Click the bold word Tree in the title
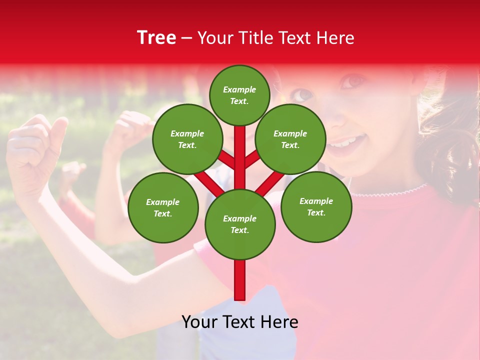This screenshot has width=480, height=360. [156, 38]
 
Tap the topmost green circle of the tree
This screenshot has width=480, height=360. [239, 95]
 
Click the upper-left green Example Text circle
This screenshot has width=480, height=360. [187, 139]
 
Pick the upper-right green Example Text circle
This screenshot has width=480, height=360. [290, 139]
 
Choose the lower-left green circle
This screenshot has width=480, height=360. [162, 207]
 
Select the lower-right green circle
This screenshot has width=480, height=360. [316, 206]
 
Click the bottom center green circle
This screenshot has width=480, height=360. [239, 224]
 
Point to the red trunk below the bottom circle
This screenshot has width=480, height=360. [239, 280]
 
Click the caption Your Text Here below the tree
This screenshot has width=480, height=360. [239, 322]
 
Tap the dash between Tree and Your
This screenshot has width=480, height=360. [187, 38]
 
